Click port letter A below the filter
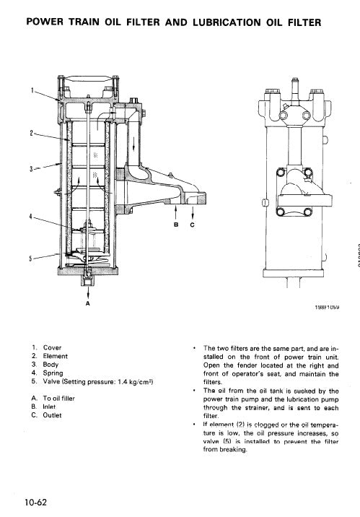coord(87,304)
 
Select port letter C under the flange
coord(193,224)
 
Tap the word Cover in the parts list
coord(53,347)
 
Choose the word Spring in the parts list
coord(54,373)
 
